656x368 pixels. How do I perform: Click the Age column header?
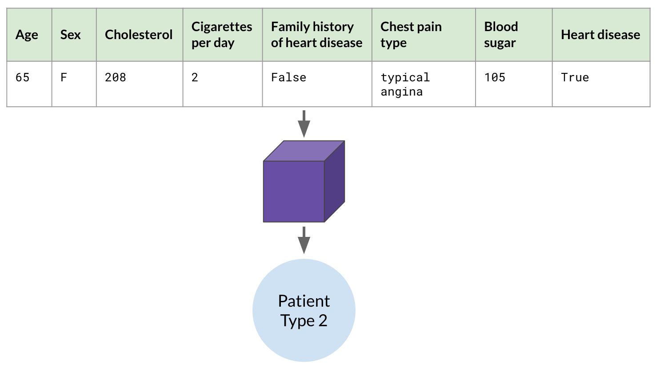27,35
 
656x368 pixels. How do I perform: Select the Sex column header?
70,35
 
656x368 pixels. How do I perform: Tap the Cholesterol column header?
139,35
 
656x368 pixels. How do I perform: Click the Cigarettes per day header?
222,35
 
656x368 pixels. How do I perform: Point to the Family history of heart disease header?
316,35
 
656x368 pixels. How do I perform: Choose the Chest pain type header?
411,35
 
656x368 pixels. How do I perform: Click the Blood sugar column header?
501,35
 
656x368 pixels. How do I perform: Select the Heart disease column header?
600,35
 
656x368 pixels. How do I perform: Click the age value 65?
23,78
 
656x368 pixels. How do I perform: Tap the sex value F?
64,78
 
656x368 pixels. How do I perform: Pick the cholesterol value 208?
116,78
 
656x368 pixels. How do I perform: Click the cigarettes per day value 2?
195,78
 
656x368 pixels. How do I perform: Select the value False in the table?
288,78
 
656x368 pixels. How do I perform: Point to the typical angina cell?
405,84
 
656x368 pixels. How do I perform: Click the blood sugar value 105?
495,78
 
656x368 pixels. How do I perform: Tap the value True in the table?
575,78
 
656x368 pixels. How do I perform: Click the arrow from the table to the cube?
304,124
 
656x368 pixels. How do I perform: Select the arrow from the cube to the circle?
304,240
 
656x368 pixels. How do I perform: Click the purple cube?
304,181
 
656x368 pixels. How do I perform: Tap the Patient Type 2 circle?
304,310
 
